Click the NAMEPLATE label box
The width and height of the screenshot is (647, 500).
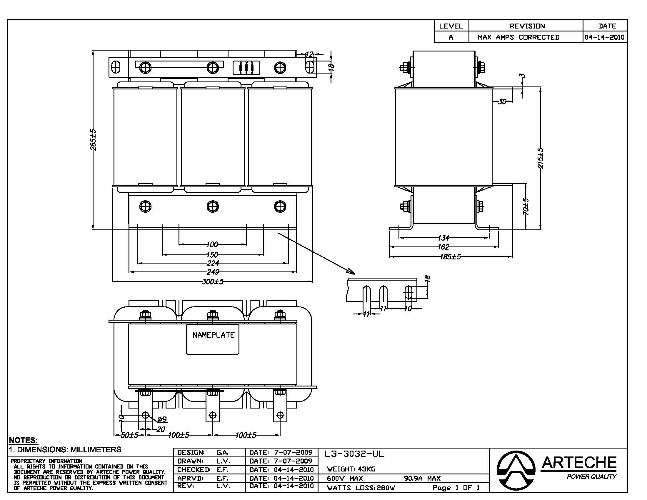[212, 339]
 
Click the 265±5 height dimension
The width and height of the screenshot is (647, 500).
[93, 140]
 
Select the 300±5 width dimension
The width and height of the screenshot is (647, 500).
[212, 281]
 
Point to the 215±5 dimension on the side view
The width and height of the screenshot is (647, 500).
[540, 159]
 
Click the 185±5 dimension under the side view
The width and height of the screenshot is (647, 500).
[450, 256]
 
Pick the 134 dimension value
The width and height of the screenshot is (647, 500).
[443, 238]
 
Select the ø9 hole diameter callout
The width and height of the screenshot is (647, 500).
[162, 419]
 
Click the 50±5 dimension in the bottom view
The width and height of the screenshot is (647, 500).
[130, 435]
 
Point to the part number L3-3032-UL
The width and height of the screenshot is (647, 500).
[354, 454]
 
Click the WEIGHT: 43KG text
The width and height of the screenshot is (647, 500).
[351, 469]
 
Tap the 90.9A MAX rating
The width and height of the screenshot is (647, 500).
[422, 478]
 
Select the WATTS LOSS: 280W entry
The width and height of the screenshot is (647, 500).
[361, 488]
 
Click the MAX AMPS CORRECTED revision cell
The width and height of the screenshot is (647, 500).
[518, 37]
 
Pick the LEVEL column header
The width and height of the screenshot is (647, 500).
[451, 26]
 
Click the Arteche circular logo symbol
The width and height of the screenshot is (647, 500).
[516, 470]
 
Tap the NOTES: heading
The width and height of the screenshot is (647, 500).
[24, 441]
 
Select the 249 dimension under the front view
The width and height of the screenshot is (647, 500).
[212, 272]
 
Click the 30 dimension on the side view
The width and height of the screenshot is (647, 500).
[502, 101]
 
